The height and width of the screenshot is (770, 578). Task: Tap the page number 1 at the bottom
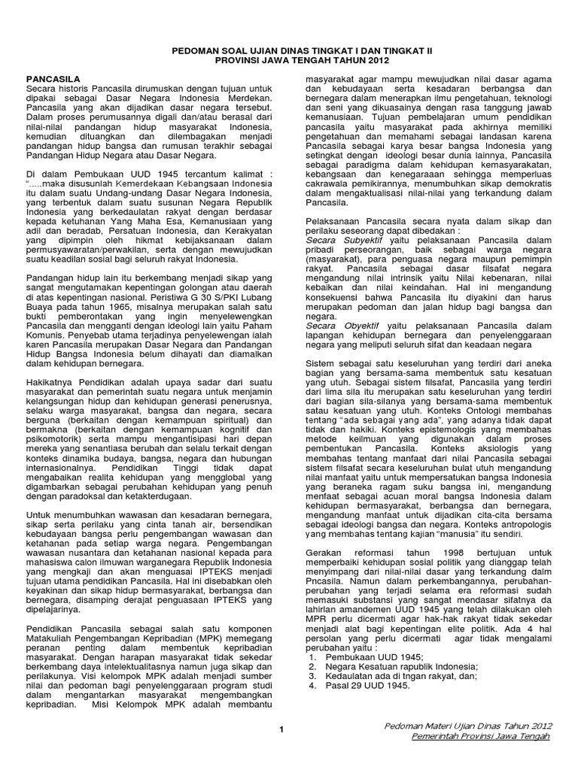280,729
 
